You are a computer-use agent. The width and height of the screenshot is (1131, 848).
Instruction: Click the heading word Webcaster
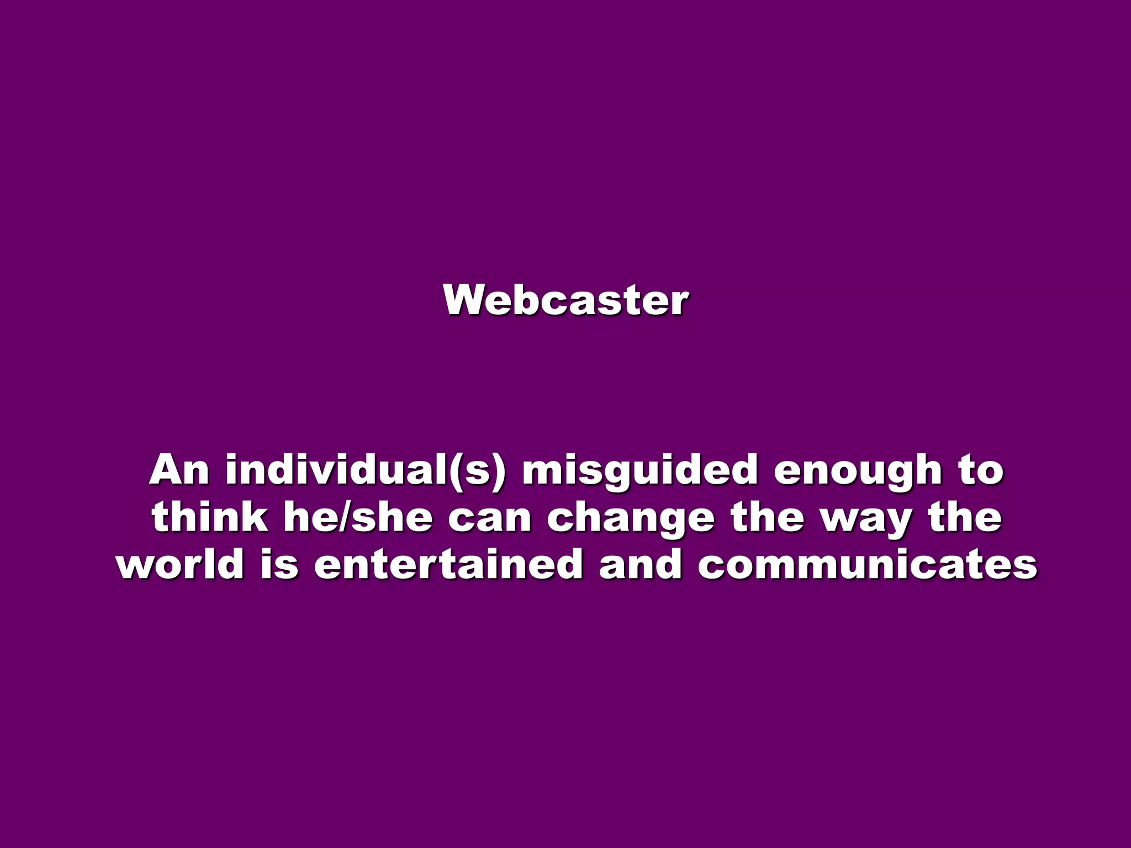565,300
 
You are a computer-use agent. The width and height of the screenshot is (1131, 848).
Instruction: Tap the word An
179,470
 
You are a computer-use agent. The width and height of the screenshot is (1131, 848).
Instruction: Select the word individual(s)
365,470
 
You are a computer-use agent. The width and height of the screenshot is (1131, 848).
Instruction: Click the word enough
857,471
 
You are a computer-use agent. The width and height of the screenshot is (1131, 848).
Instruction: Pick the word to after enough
981,470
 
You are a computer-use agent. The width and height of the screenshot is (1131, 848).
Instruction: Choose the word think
210,517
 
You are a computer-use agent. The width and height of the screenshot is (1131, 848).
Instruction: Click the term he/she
358,517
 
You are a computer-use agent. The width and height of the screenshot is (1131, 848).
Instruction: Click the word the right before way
767,517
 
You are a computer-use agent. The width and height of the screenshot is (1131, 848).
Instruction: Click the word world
180,564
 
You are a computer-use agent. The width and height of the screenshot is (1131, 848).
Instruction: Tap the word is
279,564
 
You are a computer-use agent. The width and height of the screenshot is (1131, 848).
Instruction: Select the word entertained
448,564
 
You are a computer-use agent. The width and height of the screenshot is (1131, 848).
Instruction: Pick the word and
641,564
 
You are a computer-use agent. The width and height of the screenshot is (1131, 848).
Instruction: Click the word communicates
868,564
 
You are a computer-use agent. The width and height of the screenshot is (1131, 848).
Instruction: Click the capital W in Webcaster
466,300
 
